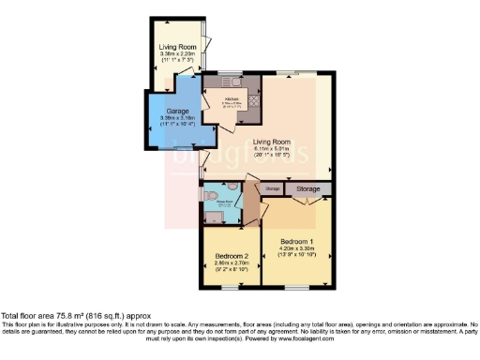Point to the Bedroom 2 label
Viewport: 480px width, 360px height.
pos(232,256)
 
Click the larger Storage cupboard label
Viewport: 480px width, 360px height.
pos(307,188)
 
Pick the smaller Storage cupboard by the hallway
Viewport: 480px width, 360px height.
pos(272,189)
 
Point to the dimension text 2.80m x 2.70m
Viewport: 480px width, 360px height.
pos(232,264)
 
